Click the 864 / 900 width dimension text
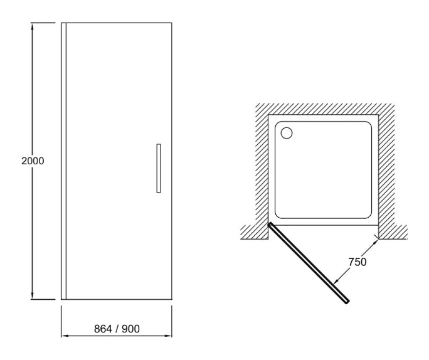116,329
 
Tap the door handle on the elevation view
159,167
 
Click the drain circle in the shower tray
287,133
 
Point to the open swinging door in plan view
308,263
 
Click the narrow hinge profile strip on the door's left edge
63,161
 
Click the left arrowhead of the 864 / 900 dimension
64,337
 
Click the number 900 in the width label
130,329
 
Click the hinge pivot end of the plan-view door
270,225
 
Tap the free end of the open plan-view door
346,301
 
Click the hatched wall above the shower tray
324,109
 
